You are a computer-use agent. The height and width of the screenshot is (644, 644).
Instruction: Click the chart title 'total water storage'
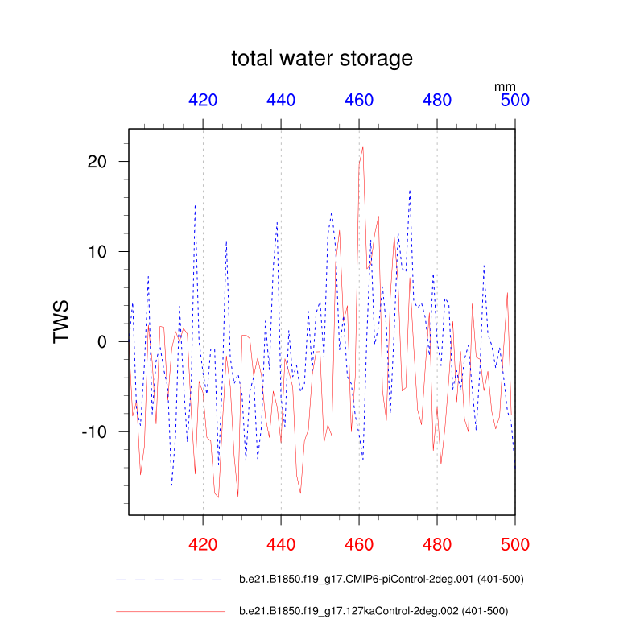tap(322, 59)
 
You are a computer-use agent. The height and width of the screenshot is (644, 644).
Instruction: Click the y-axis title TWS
tap(62, 322)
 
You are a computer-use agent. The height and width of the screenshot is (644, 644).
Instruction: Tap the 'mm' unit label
tap(505, 86)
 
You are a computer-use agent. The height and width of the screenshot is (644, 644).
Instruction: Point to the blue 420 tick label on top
tap(203, 101)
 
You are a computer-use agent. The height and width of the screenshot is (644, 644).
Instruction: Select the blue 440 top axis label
tap(281, 101)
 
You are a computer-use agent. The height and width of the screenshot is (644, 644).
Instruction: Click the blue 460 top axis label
tap(359, 101)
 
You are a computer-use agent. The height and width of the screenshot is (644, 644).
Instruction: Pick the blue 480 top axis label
tap(437, 101)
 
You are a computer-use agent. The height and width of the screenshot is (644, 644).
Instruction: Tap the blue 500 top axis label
tap(514, 101)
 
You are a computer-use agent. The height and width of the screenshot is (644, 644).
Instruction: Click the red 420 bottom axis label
tap(203, 545)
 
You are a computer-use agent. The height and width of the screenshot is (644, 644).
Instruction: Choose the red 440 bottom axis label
tap(281, 545)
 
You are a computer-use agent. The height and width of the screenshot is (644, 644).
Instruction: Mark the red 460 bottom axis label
tap(359, 545)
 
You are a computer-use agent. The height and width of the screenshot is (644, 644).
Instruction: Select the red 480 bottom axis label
tap(437, 545)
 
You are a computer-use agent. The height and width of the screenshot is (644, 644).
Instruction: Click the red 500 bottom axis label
tap(514, 545)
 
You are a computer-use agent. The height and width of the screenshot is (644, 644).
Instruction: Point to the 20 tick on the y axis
tap(97, 161)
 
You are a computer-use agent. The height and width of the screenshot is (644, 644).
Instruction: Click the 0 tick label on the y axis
tap(102, 341)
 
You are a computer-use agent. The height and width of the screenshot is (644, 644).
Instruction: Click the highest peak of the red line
tap(363, 147)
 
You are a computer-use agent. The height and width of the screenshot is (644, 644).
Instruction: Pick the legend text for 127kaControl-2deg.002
tap(374, 611)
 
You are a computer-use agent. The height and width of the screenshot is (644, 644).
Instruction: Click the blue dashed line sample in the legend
tap(169, 580)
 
